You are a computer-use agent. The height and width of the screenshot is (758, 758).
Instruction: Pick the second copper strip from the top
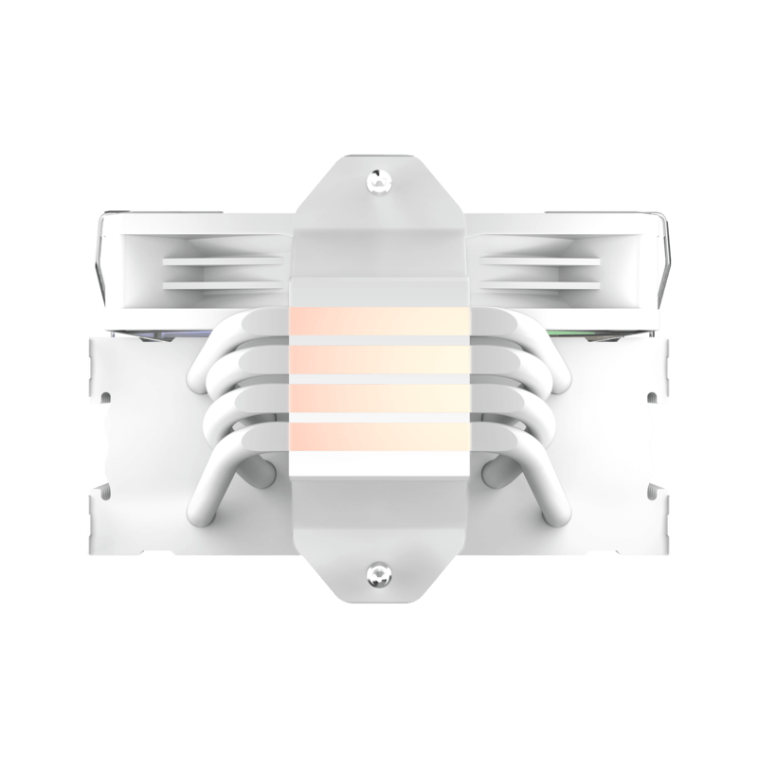click(x=378, y=360)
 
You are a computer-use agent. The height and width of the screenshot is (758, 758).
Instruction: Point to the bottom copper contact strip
click(x=378, y=436)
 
